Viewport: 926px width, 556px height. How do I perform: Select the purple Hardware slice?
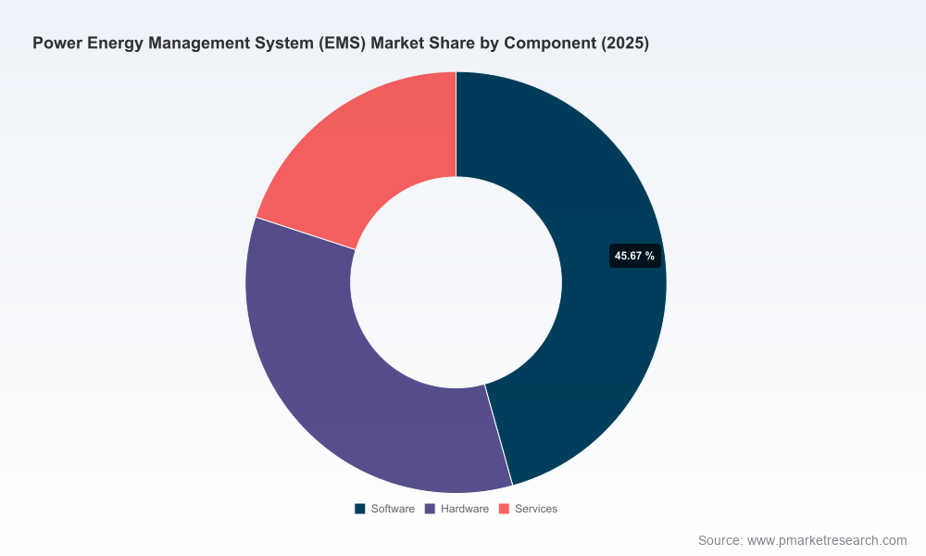(x=331, y=378)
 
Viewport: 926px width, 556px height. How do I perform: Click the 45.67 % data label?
(x=635, y=256)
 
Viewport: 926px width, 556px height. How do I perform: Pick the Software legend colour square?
(x=359, y=509)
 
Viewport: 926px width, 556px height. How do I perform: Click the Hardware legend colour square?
(x=430, y=509)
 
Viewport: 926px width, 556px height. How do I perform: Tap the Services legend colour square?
(x=504, y=509)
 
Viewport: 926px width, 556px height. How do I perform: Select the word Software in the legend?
(x=393, y=509)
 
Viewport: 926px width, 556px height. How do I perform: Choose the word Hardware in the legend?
(x=465, y=509)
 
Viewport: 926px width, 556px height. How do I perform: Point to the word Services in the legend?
(x=536, y=509)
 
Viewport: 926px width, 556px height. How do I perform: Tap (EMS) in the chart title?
(x=343, y=44)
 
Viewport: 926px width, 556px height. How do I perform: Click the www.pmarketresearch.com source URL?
(x=827, y=540)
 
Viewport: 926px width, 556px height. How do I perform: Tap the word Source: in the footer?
(x=720, y=540)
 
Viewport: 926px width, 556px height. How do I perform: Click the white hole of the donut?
(x=456, y=283)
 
